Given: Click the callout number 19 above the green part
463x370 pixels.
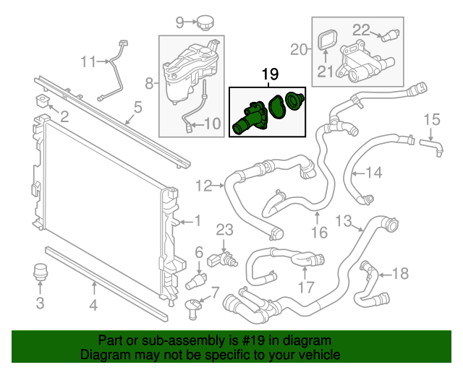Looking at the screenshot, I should (x=269, y=74).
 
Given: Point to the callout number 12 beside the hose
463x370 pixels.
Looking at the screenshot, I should (x=203, y=186).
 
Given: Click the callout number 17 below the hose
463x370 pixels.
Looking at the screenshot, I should (x=306, y=287).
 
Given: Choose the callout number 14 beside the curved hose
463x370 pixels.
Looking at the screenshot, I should (x=373, y=173).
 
